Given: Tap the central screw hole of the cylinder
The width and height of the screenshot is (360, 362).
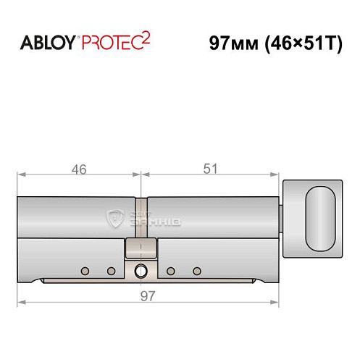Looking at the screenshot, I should tap(141, 272).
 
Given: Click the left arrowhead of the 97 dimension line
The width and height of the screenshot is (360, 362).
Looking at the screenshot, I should tap(20, 302).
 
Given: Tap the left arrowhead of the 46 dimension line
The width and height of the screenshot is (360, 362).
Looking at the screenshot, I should tap(20, 174).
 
